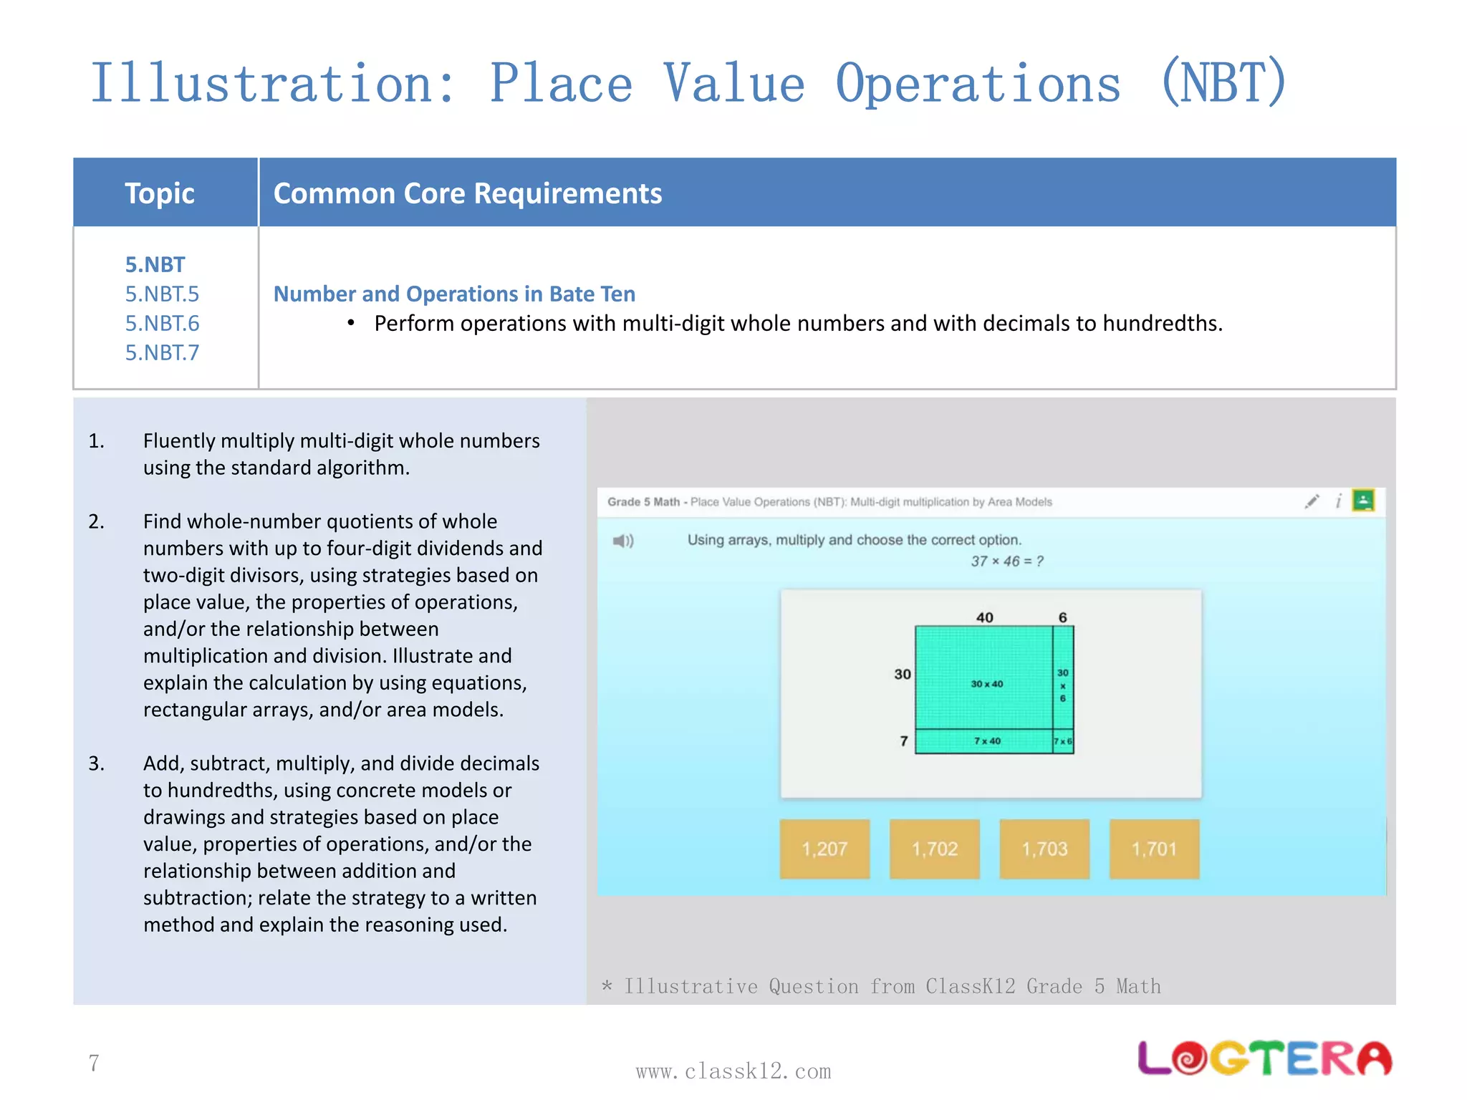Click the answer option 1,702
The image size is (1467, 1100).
tap(934, 849)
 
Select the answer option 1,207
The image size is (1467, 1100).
tap(824, 849)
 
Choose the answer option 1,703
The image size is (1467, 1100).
tap(1044, 849)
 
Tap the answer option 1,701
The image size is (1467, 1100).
tap(1154, 849)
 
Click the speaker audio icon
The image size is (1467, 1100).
tap(623, 541)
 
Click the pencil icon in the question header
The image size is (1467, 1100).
tap(1312, 501)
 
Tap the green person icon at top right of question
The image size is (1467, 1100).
tap(1363, 500)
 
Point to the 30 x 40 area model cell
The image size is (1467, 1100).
tap(986, 683)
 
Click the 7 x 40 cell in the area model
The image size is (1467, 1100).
tap(986, 741)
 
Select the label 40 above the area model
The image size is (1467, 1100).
tap(984, 617)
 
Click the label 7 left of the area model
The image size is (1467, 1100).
tap(904, 741)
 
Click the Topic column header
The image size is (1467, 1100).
tap(160, 193)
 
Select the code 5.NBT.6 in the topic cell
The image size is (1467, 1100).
tap(162, 323)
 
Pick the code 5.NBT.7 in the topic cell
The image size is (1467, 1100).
tap(162, 352)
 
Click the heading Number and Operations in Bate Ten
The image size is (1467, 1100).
tap(454, 294)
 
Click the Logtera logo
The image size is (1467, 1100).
tap(1264, 1058)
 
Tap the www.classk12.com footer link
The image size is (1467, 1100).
tap(733, 1071)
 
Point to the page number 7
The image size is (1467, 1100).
tap(94, 1063)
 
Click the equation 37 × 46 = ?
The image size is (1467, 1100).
tap(1006, 561)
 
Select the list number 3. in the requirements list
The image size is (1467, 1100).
tap(97, 763)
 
